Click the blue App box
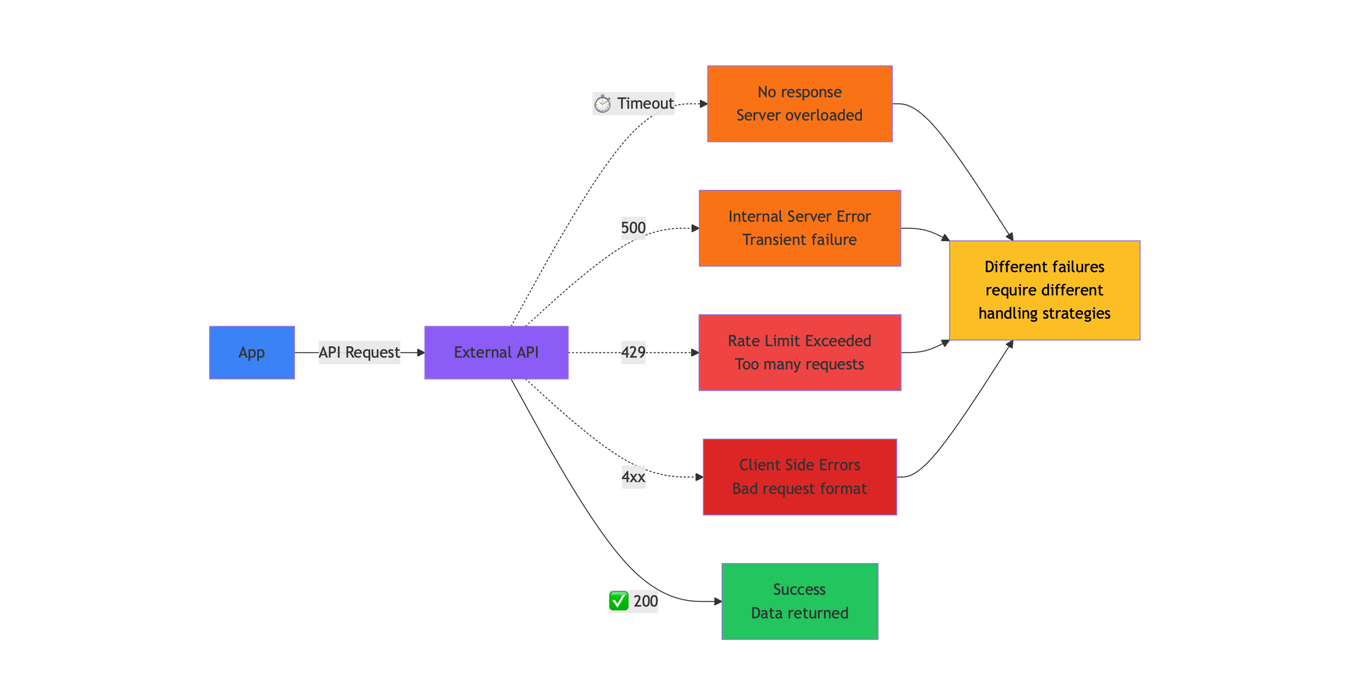tap(252, 352)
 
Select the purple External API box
tap(496, 352)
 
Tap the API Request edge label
tap(359, 352)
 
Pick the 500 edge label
tap(633, 228)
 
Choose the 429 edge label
tap(633, 352)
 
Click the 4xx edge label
tap(633, 477)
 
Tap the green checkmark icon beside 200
tap(618, 601)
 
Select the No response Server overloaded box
tap(799, 104)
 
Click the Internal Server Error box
tap(799, 228)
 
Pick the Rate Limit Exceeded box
tap(799, 352)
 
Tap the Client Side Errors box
tap(799, 477)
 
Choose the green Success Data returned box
tap(799, 601)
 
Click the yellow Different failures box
tap(1044, 290)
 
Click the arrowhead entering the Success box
tap(717, 601)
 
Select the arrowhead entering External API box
tap(421, 352)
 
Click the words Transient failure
tap(799, 240)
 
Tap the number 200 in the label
tap(645, 601)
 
